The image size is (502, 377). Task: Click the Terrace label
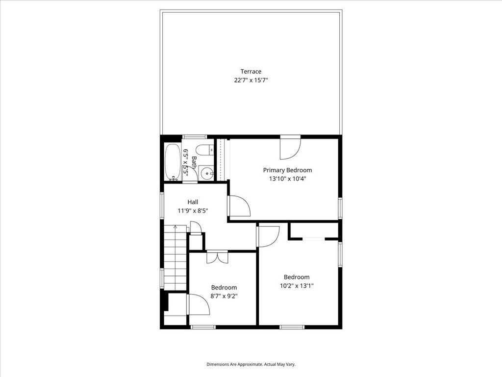click(x=251, y=72)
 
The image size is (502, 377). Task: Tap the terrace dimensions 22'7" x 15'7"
click(x=251, y=80)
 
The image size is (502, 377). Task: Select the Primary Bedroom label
click(x=287, y=170)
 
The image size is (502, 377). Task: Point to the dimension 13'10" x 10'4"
click(x=287, y=179)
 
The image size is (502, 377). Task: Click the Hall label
click(x=193, y=202)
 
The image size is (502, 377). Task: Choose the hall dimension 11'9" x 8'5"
click(x=193, y=211)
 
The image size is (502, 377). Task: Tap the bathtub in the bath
click(x=173, y=162)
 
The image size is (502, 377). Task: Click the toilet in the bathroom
click(x=205, y=150)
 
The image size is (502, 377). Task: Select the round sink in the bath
click(x=208, y=173)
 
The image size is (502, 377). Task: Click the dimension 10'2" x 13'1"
click(x=297, y=286)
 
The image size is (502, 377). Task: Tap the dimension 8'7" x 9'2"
click(x=224, y=296)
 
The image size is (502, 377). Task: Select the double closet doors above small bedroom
click(x=217, y=257)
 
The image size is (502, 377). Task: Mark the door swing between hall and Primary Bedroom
click(x=239, y=206)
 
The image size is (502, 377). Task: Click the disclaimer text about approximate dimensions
click(x=251, y=364)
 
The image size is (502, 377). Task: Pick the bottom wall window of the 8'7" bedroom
click(x=203, y=327)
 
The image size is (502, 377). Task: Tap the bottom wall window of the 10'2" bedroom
click(x=292, y=327)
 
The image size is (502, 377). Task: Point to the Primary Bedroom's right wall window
click(x=340, y=208)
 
